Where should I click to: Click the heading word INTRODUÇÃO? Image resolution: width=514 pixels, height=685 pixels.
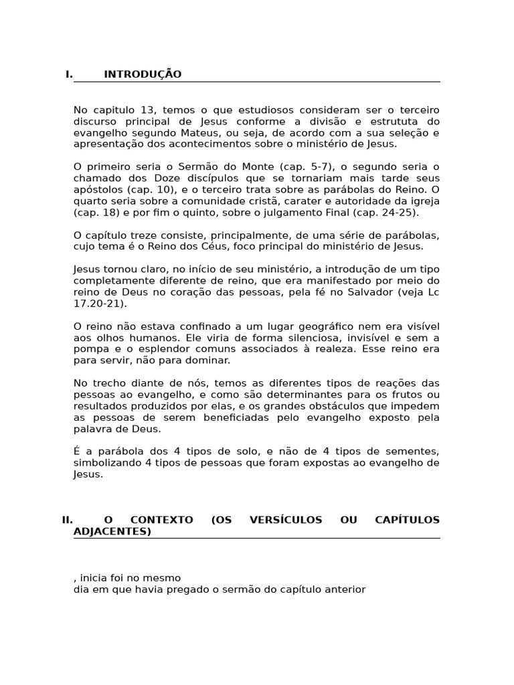[x=143, y=74]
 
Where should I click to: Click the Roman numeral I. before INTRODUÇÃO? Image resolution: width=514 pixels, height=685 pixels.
[x=69, y=74]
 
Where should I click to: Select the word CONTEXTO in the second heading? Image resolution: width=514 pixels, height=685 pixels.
[x=162, y=520]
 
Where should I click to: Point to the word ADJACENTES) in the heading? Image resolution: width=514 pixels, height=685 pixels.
[x=112, y=532]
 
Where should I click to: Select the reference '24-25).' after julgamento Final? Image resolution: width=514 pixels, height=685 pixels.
[x=399, y=212]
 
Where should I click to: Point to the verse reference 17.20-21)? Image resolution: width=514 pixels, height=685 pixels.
[x=100, y=303]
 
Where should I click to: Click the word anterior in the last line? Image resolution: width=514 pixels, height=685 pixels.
[x=345, y=589]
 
